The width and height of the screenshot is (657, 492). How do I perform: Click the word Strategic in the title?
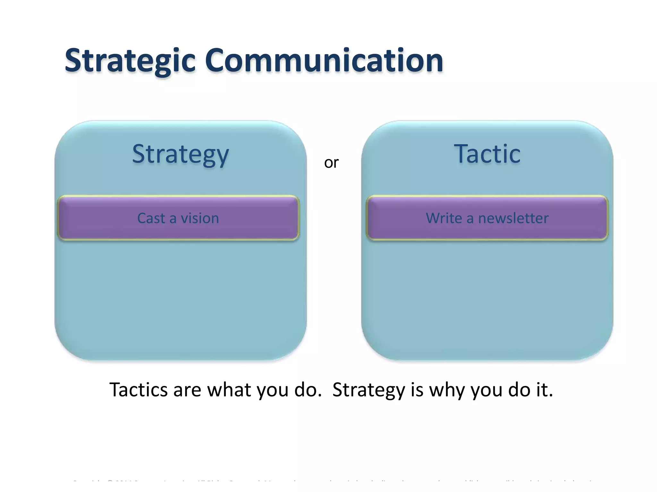(x=130, y=61)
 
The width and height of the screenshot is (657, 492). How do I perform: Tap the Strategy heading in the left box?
(x=180, y=154)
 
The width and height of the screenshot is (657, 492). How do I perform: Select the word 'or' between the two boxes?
(x=331, y=163)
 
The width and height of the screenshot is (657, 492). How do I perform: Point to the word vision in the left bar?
(x=200, y=218)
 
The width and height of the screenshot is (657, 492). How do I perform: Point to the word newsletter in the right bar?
(x=513, y=218)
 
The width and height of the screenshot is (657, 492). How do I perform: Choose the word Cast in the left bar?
(x=151, y=218)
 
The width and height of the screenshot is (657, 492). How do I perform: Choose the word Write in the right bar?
(x=444, y=218)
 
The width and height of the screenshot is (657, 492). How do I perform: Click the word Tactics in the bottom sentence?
(x=139, y=390)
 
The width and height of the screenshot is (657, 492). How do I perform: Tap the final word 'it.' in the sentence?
(x=544, y=390)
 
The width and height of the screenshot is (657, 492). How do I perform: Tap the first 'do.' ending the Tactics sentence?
(x=308, y=390)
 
